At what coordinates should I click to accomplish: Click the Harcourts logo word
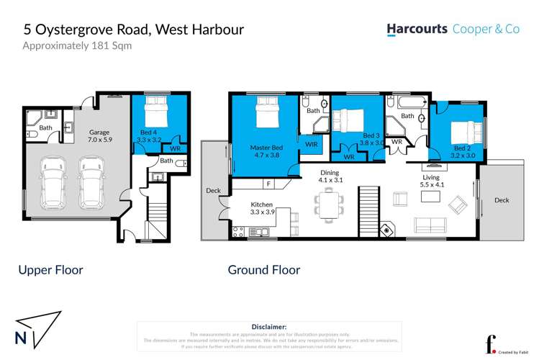(x=417, y=29)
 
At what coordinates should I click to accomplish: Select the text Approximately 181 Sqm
(x=77, y=46)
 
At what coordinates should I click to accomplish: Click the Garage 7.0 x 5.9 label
(x=99, y=137)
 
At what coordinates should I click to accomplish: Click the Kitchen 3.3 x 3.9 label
(x=262, y=208)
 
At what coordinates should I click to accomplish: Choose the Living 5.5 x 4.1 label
(x=432, y=181)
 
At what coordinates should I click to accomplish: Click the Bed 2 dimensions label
(x=463, y=154)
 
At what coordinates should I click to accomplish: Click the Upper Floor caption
(x=50, y=271)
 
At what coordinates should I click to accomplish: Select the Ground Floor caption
(x=263, y=271)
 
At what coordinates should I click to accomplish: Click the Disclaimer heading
(x=269, y=327)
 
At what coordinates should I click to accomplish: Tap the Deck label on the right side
(x=502, y=200)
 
